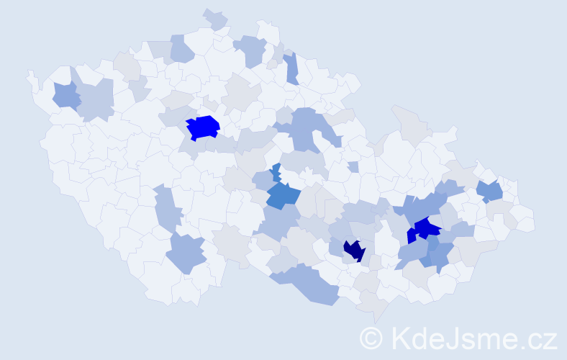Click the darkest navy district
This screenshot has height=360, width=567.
pos(353,250)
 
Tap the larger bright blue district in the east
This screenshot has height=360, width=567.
pos(428,228)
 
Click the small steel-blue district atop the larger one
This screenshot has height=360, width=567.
pos(276,171)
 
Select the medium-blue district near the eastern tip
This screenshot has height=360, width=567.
pos(490,191)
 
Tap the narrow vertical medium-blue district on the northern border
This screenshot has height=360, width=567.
pos(291,68)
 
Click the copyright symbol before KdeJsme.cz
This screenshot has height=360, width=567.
pos(371,338)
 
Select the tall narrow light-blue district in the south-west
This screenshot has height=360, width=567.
pos(165,209)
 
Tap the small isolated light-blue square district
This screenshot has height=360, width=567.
pos(353,167)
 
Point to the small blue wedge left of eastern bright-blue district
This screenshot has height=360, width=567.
pos(411,235)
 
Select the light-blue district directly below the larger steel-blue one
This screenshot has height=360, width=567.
pos(278,223)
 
